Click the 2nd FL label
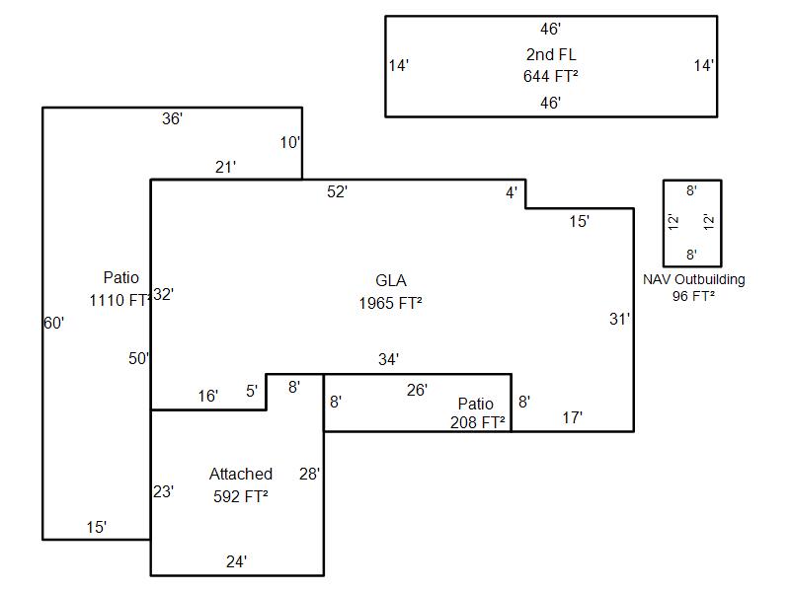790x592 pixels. coord(551,54)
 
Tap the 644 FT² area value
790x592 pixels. coord(551,76)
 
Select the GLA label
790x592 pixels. coord(391,280)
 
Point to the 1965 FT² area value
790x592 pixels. coord(391,303)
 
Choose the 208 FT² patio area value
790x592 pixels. coord(478,422)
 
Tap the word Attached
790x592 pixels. coord(241,475)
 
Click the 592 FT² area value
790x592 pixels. coord(241,496)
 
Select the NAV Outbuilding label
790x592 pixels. coord(694,279)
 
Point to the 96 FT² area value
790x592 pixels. coord(694,295)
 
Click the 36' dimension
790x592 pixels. coord(173,118)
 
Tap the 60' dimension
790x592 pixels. coord(54,323)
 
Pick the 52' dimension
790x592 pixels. coord(338,192)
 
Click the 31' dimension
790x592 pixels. coord(619,319)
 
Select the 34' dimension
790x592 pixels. coord(389,359)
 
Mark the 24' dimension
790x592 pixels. coord(236,561)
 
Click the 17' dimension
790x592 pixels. coord(573,417)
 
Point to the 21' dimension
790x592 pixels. coord(226,168)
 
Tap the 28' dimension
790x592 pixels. coord(310,474)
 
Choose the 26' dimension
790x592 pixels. coord(418,390)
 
